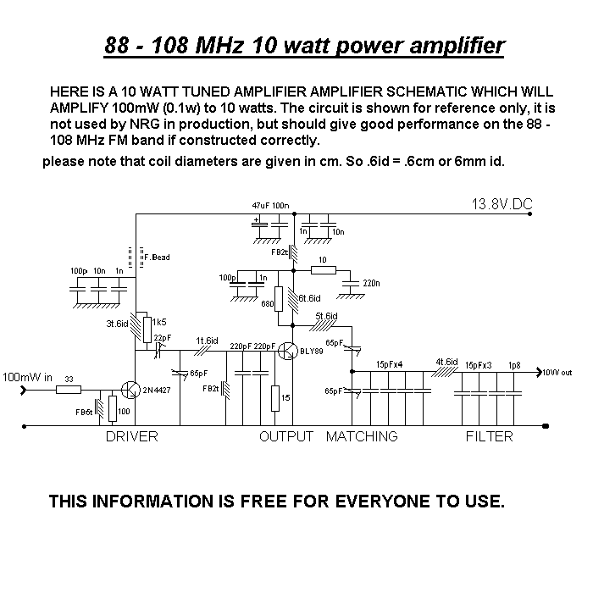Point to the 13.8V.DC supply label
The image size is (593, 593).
[507, 204]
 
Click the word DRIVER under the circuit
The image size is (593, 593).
[131, 437]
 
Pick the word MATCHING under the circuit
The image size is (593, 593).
[362, 437]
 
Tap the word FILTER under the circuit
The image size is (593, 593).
[489, 437]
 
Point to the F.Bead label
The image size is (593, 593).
[158, 257]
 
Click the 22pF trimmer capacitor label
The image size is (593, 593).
[162, 338]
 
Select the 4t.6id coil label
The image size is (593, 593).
[446, 362]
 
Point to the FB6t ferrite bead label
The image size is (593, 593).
[84, 411]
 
